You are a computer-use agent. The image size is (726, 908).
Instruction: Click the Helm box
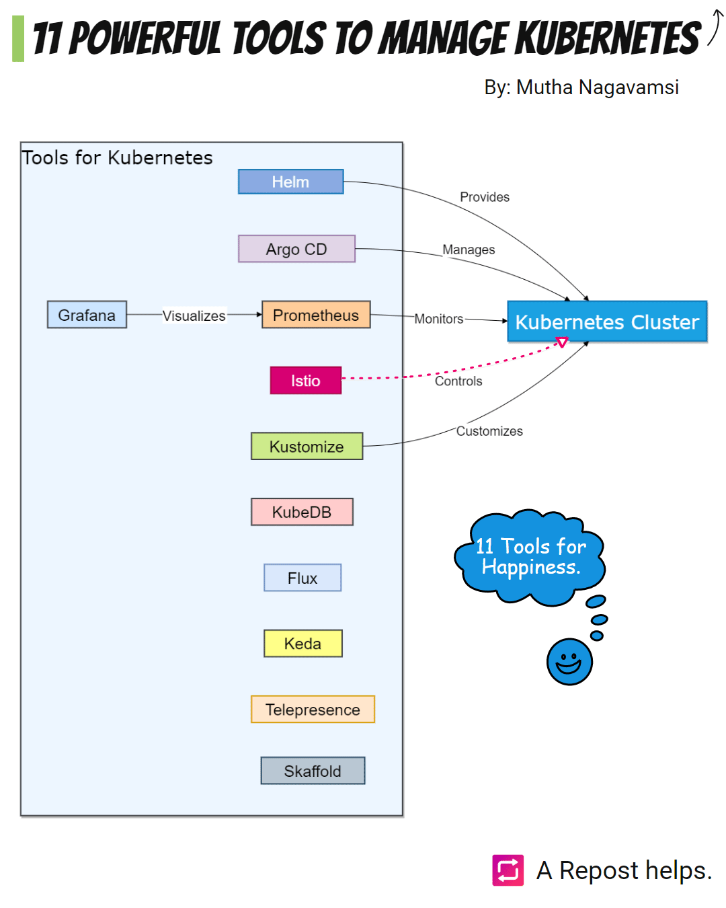(290, 182)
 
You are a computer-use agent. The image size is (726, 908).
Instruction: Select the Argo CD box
(296, 248)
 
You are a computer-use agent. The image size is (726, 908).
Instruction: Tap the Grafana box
(87, 314)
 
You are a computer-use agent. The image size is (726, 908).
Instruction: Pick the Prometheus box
(315, 314)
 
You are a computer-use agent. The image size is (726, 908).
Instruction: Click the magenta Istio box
(305, 380)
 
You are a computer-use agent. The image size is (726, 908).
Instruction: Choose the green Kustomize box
(307, 446)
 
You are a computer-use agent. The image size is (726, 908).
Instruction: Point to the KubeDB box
(302, 512)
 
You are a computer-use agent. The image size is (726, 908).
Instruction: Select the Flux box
(302, 578)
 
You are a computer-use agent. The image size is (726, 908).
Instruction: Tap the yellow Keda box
(302, 644)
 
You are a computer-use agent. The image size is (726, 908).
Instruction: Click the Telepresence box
(313, 710)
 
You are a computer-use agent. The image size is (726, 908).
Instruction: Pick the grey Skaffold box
(313, 771)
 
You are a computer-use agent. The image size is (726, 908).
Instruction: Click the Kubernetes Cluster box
(607, 321)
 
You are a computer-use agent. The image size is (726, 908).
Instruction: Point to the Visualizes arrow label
(194, 315)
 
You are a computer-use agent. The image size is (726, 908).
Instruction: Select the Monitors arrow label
(439, 319)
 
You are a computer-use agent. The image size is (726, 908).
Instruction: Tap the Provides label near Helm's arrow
(485, 196)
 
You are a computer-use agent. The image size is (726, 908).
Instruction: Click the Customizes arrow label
(489, 430)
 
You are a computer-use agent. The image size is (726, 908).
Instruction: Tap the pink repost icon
(508, 870)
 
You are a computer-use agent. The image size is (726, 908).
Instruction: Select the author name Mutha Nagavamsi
(598, 87)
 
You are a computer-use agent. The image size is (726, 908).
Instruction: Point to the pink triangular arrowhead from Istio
(562, 342)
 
